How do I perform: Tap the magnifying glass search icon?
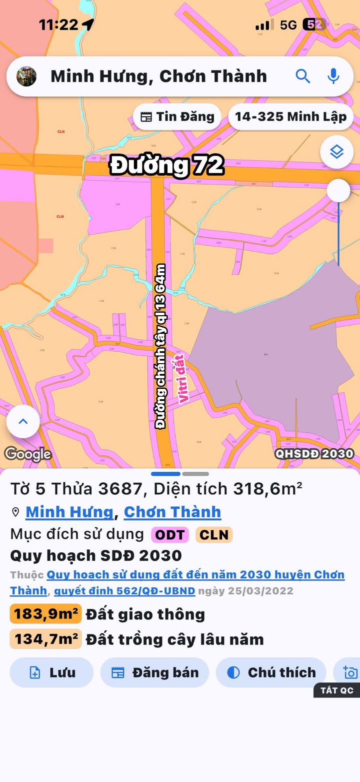(303, 77)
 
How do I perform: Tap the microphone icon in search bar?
(333, 77)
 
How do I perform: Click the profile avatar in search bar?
(26, 77)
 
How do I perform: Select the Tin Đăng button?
(177, 117)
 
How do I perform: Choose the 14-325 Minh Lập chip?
(290, 117)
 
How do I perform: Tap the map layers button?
(337, 152)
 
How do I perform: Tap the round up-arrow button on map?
(23, 421)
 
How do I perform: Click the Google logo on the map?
(28, 454)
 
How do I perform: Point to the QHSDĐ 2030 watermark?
(314, 454)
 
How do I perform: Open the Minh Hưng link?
(69, 512)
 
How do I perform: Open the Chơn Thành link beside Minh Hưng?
(172, 512)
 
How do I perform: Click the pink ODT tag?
(170, 535)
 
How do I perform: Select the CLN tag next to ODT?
(214, 535)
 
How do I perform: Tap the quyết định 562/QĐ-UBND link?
(124, 590)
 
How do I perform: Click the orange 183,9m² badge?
(45, 614)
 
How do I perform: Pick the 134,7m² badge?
(45, 639)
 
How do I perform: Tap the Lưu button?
(51, 672)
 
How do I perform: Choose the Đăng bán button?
(154, 672)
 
